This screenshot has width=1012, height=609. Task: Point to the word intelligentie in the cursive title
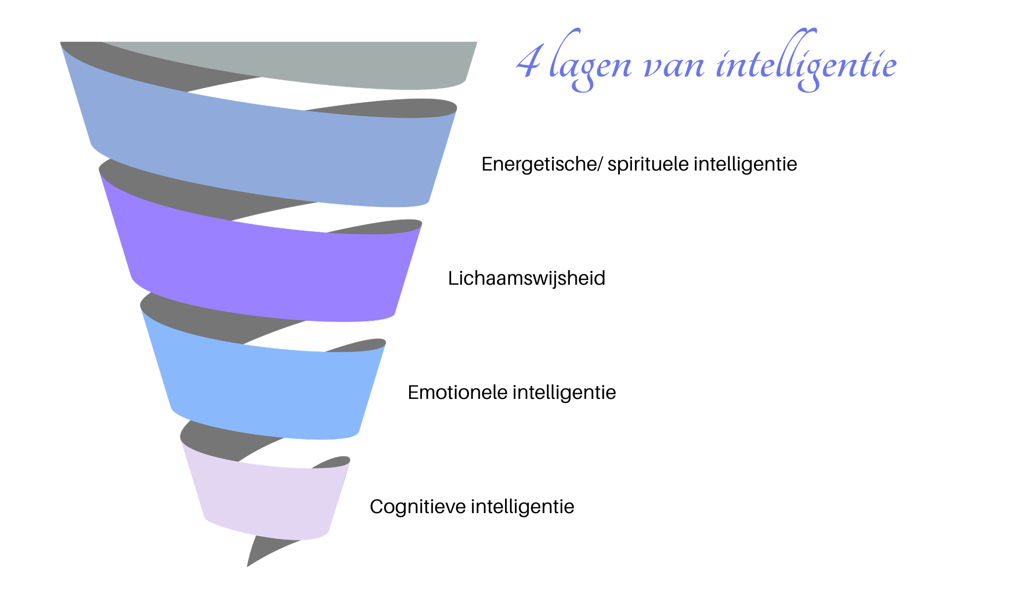coord(806,64)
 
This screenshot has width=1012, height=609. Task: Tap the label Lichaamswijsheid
coord(526,278)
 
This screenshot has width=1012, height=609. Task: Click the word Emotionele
coord(457,392)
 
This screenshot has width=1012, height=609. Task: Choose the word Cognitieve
coord(418,507)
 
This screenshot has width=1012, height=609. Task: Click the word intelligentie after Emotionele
coord(564,392)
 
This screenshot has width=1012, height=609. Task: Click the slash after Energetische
coord(599,164)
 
